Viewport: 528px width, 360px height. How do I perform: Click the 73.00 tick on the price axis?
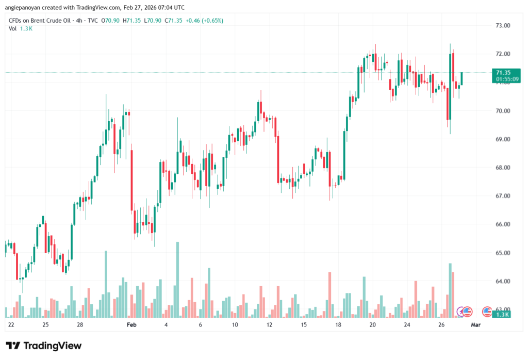pos(503,25)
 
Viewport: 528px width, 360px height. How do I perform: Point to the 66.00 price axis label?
pos(503,224)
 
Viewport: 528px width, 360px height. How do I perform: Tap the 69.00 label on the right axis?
pos(503,139)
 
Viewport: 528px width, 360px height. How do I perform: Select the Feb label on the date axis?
pos(131,325)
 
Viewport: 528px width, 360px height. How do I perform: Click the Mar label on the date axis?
pos(476,325)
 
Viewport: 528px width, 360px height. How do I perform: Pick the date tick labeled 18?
pos(338,325)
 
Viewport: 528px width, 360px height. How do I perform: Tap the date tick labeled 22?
pos(11,325)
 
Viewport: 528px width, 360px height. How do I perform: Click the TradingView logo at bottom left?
pos(44,346)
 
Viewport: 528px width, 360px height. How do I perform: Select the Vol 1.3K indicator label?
pos(21,28)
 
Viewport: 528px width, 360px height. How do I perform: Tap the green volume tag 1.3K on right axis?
pos(503,314)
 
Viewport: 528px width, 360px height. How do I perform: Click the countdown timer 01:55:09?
pos(506,79)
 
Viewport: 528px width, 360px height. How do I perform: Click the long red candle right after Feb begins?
pos(132,181)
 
